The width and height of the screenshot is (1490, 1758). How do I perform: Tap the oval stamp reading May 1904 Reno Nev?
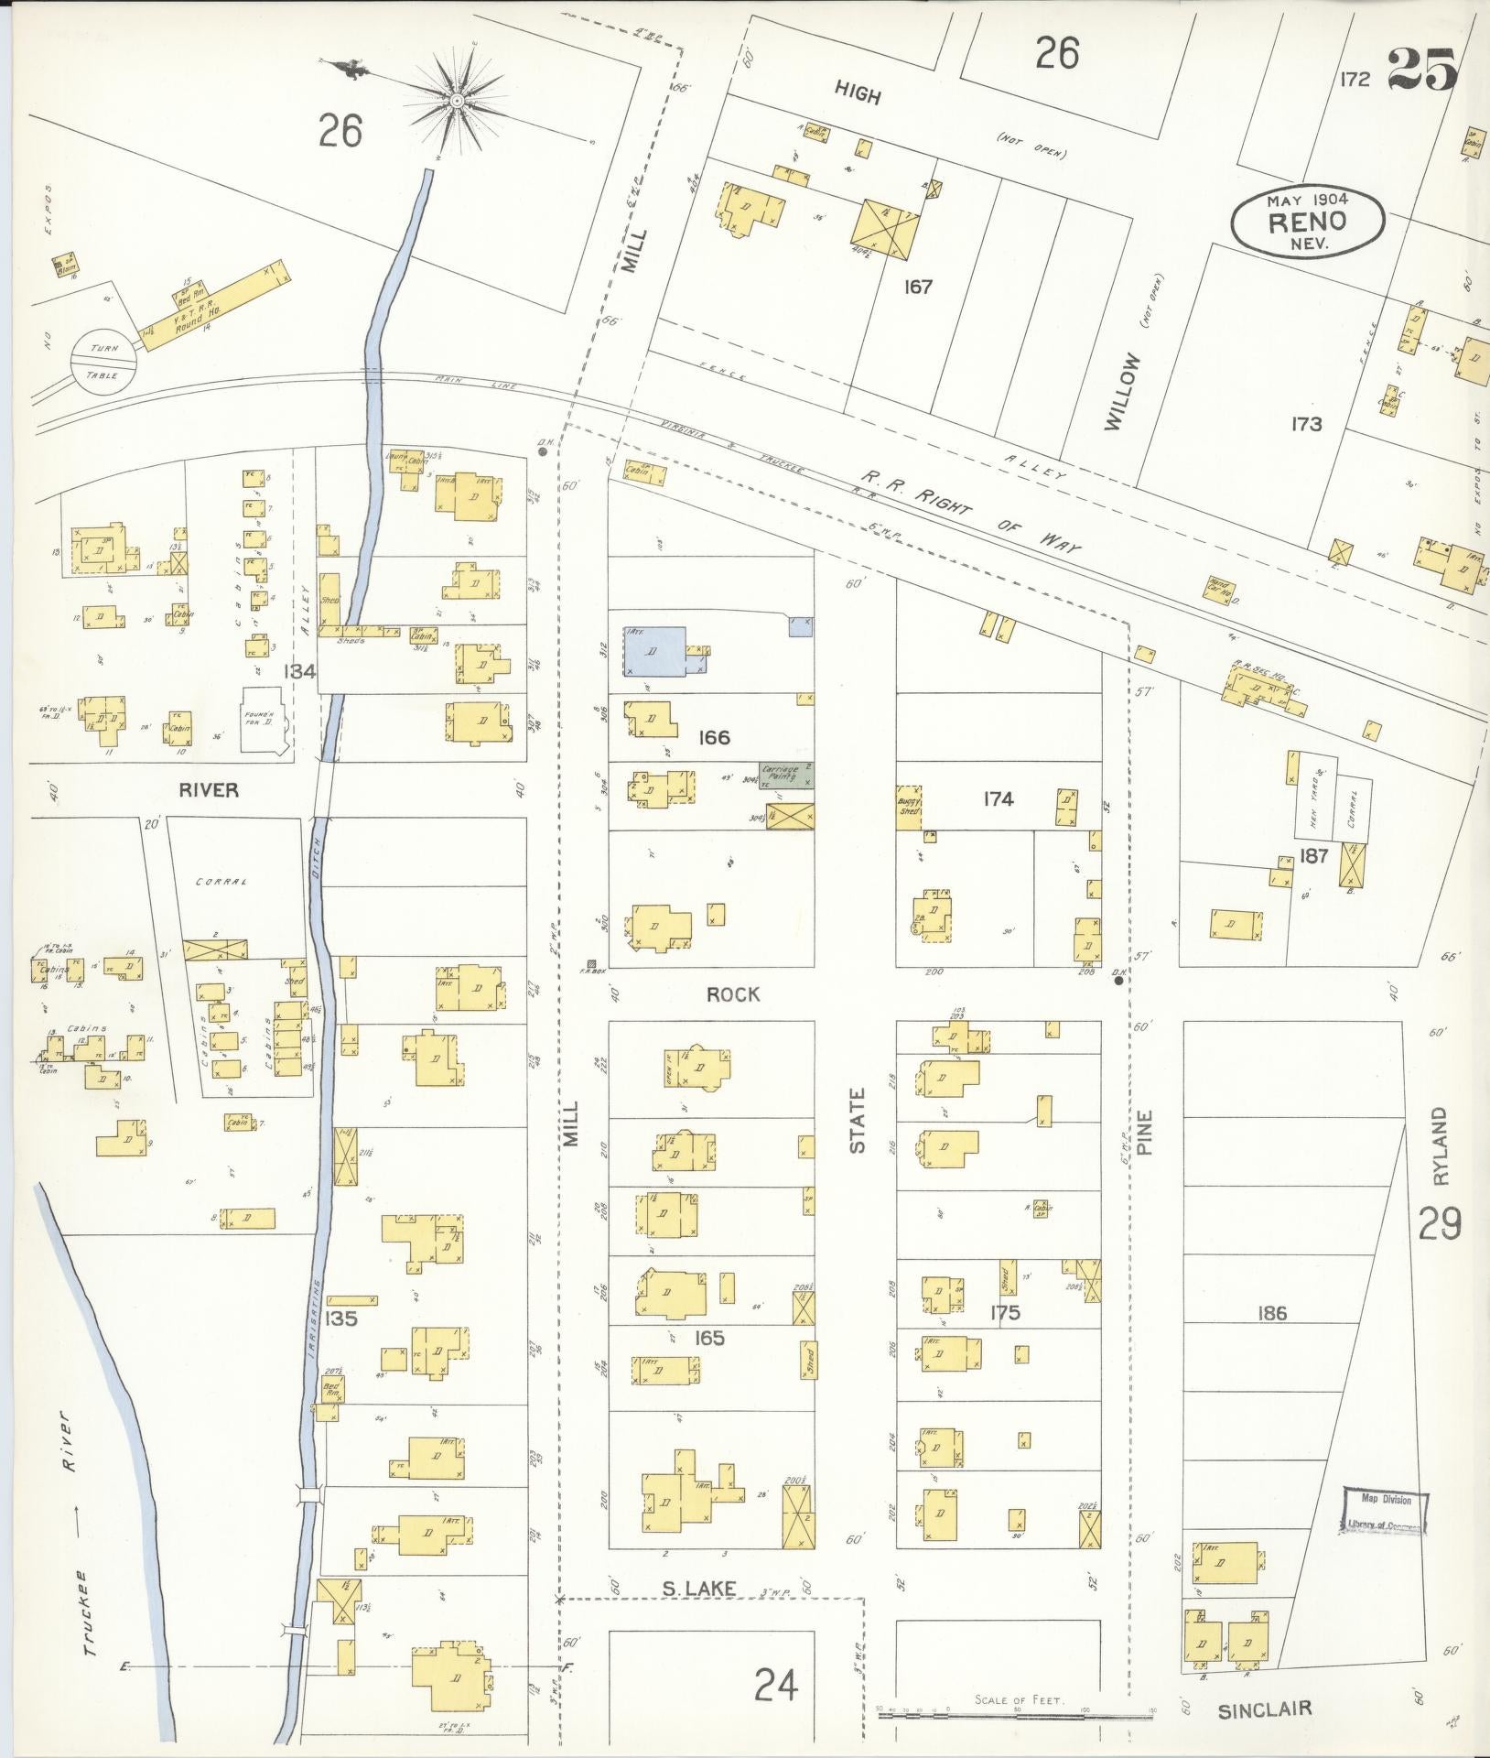[x=1306, y=221]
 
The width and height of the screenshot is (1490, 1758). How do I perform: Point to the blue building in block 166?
[x=655, y=651]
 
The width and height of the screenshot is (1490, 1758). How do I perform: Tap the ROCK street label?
[x=733, y=994]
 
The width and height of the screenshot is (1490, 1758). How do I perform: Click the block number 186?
[x=1272, y=1314]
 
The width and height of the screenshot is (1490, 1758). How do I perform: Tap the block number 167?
[x=917, y=287]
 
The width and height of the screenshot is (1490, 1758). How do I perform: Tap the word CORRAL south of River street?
[x=222, y=882]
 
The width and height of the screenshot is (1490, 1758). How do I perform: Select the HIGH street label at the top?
[x=858, y=93]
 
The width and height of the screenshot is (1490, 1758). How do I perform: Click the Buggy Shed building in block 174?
[x=909, y=808]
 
